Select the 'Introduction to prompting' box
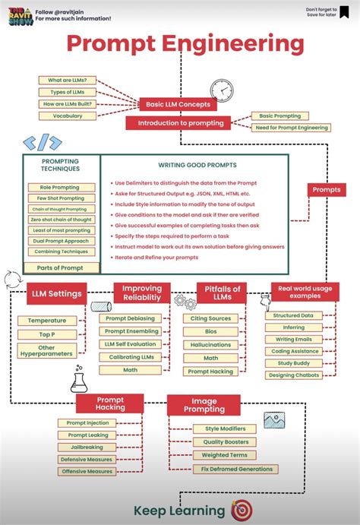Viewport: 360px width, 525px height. coord(180,123)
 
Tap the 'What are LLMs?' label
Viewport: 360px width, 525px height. coord(68,80)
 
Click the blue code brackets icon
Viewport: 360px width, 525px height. coord(43,142)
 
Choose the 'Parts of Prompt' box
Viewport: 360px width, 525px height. coord(61,267)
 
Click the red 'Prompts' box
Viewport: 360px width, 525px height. coord(327,189)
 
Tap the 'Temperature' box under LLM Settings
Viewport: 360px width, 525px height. coord(47,321)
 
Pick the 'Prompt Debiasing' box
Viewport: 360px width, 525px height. coord(130,318)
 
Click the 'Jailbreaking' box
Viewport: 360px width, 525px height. coord(87,448)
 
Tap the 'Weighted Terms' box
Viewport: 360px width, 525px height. coord(224,455)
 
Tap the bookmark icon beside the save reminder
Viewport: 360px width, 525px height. coord(346,12)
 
